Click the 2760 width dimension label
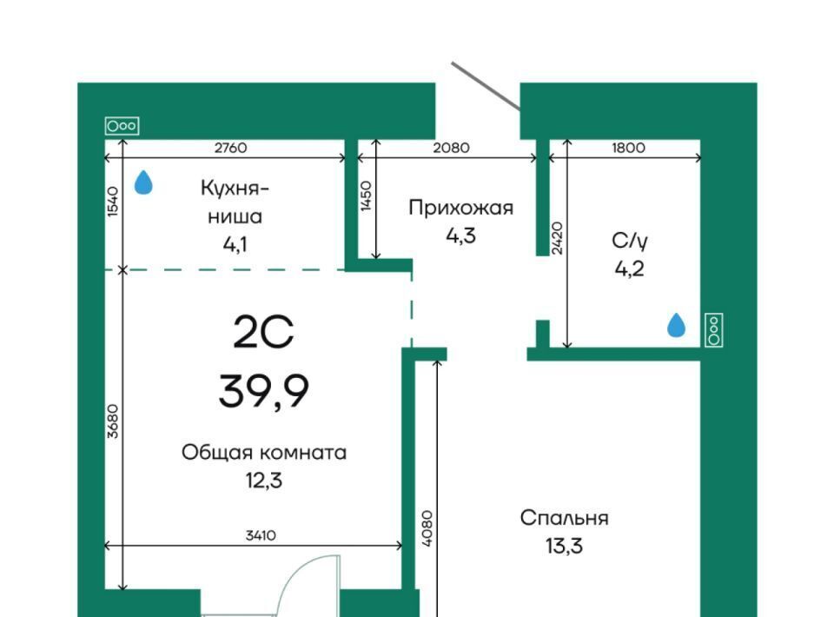click(x=230, y=148)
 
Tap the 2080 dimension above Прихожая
click(x=451, y=148)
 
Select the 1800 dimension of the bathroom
click(x=628, y=148)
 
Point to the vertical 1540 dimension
click(x=113, y=201)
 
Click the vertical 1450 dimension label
click(x=366, y=196)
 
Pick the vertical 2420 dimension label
click(x=557, y=238)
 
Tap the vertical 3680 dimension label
click(x=113, y=421)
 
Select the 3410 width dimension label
click(x=261, y=535)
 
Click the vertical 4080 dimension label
click(x=427, y=528)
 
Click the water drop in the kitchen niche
click(x=143, y=182)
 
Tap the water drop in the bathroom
click(x=676, y=325)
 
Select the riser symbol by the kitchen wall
click(x=122, y=126)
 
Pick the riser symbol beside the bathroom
click(x=714, y=329)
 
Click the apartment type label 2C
click(x=263, y=333)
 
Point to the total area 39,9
click(x=264, y=391)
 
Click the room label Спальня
click(x=565, y=518)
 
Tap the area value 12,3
click(x=264, y=481)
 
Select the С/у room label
click(x=630, y=241)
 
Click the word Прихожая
click(x=461, y=208)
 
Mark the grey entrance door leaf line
click(x=486, y=88)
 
